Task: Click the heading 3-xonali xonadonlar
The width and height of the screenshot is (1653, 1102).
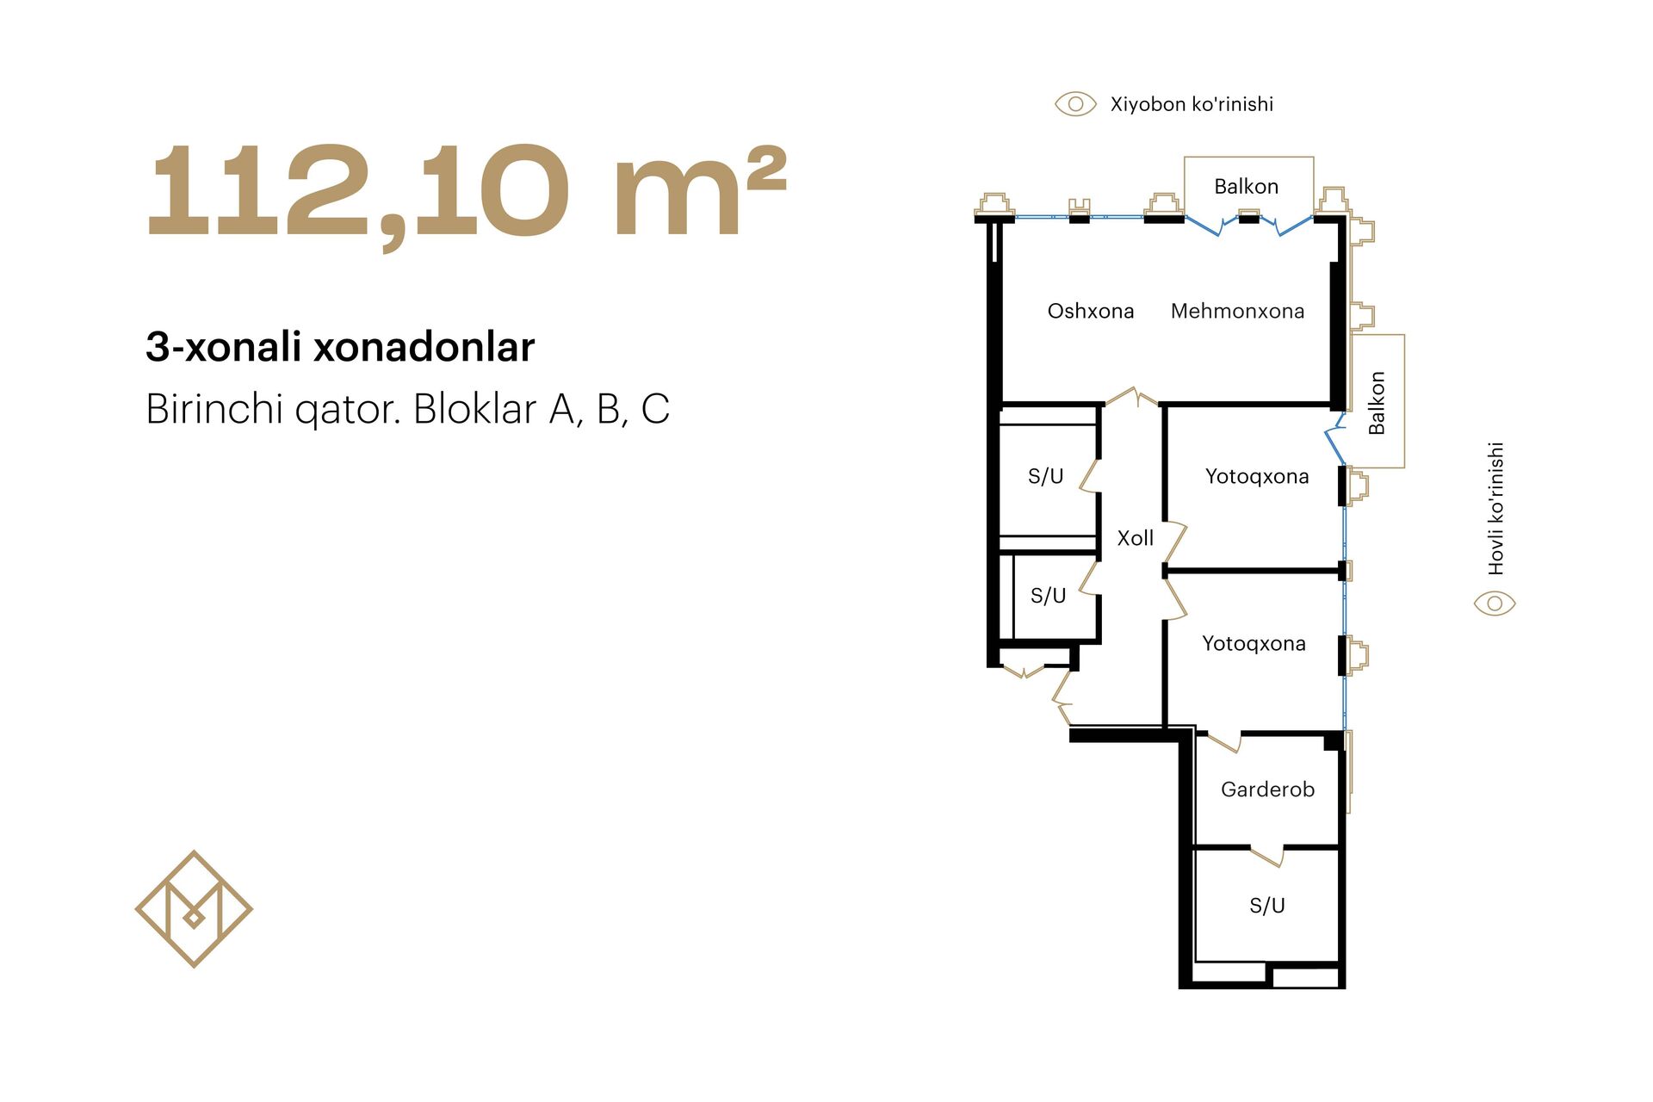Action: pyautogui.click(x=340, y=347)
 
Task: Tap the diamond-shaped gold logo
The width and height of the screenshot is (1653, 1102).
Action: pyautogui.click(x=194, y=909)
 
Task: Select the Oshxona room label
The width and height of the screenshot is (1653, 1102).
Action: pyautogui.click(x=1090, y=311)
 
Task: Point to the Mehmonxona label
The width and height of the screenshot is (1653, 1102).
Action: pyautogui.click(x=1237, y=311)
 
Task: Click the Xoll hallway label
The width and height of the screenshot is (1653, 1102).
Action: pyautogui.click(x=1135, y=538)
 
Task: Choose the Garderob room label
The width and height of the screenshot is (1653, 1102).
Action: pyautogui.click(x=1267, y=789)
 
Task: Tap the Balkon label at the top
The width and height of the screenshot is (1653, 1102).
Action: pyautogui.click(x=1246, y=186)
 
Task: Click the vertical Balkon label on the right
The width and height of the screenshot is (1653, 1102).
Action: pyautogui.click(x=1377, y=403)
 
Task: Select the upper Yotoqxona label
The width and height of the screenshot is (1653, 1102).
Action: pyautogui.click(x=1257, y=476)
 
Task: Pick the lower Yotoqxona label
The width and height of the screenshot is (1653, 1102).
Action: pyautogui.click(x=1254, y=643)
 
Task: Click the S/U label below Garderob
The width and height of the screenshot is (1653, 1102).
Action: pyautogui.click(x=1267, y=906)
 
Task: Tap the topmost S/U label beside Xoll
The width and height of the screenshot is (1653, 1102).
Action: pyautogui.click(x=1046, y=476)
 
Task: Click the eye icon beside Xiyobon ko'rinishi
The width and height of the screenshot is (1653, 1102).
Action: pyautogui.click(x=1075, y=104)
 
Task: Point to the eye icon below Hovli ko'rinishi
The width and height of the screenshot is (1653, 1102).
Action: pyautogui.click(x=1495, y=604)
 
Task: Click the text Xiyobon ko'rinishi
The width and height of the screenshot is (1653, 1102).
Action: pyautogui.click(x=1192, y=104)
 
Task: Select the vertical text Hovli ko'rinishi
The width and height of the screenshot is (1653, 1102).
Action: pyautogui.click(x=1496, y=509)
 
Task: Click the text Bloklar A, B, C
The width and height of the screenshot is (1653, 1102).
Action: pyautogui.click(x=542, y=409)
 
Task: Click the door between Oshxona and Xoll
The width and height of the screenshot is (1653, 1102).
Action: pyautogui.click(x=1131, y=396)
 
